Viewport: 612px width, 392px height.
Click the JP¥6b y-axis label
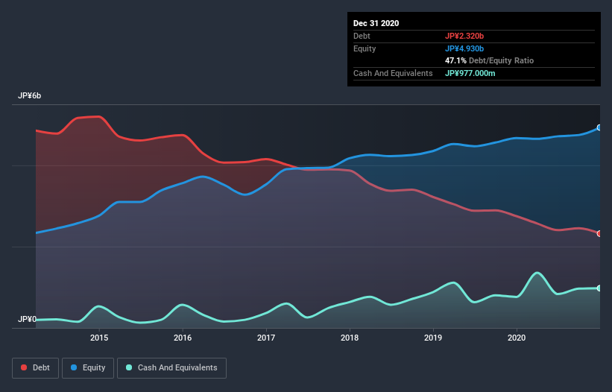coord(30,96)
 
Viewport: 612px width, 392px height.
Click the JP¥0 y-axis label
coord(28,320)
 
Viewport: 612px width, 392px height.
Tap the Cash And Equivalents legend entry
coord(171,367)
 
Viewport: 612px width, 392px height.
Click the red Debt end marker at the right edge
coord(599,233)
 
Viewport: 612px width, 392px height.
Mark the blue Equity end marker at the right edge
coord(599,127)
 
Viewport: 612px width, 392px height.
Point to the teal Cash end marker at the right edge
coord(599,288)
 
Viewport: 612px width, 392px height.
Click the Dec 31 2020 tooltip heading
coord(376,23)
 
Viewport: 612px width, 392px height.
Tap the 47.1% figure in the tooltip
coord(458,60)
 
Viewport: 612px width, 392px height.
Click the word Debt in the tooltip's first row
coord(362,36)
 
